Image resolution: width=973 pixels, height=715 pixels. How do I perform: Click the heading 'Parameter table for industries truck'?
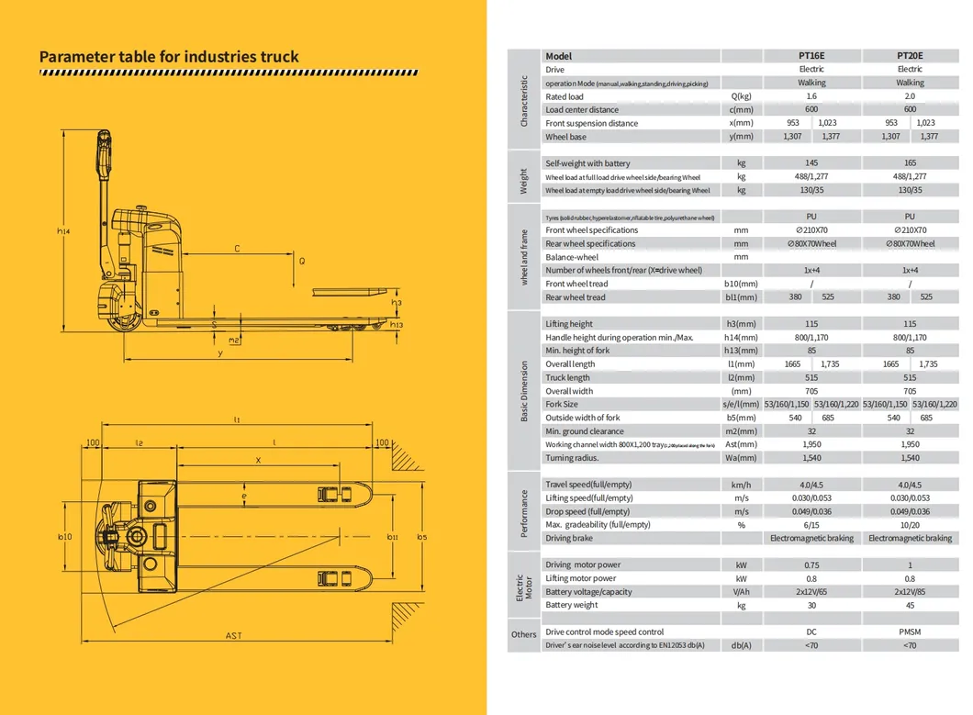(169, 57)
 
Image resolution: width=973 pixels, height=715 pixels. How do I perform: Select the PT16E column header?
(811, 56)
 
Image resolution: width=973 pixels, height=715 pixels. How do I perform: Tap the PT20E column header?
(910, 56)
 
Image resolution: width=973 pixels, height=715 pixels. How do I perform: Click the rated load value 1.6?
(811, 96)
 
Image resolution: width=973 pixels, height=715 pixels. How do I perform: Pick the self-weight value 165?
(910, 163)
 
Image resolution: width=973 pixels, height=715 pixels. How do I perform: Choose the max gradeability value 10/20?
(910, 525)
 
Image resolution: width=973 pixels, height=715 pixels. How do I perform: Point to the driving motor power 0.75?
(811, 565)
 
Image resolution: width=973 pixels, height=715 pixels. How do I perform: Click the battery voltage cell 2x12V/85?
(910, 592)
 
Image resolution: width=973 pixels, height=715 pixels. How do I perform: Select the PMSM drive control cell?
(910, 632)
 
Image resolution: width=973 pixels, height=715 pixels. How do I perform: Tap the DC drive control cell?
(811, 632)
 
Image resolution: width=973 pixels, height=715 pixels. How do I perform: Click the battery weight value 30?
(811, 606)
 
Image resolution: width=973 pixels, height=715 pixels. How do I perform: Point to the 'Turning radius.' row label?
(572, 458)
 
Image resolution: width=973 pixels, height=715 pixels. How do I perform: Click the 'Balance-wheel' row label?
(572, 257)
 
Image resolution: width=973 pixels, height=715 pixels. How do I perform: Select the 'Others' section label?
(524, 634)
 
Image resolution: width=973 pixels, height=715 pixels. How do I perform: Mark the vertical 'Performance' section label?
(524, 511)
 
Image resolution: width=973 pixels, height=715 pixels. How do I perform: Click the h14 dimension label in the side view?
(62, 232)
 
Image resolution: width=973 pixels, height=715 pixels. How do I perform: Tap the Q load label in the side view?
(301, 261)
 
